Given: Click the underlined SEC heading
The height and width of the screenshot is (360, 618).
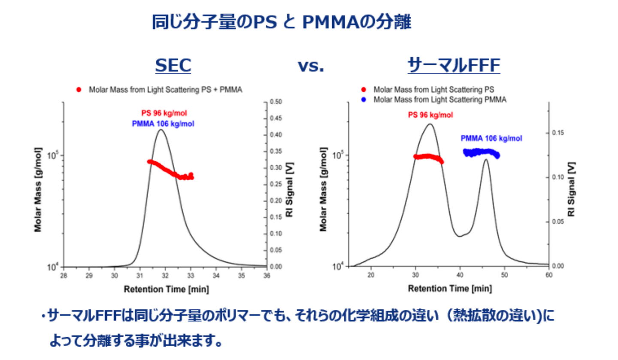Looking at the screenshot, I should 173,66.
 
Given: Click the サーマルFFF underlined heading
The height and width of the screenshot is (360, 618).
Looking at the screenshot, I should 454,66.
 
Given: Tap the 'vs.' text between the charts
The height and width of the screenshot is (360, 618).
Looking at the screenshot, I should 311,67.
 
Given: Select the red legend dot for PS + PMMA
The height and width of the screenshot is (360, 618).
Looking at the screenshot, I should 79,90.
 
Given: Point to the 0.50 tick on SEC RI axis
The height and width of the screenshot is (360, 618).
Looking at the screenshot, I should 276,102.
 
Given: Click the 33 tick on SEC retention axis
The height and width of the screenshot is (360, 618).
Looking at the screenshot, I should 191,275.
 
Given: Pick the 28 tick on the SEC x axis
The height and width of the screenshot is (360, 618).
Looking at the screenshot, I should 64,275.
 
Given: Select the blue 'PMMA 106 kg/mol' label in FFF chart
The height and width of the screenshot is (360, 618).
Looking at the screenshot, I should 491,139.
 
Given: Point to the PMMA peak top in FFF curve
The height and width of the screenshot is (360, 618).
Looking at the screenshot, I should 486,160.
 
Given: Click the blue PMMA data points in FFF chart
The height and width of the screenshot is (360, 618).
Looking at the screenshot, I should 481,152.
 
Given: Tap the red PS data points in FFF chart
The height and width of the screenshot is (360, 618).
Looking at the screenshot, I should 428,157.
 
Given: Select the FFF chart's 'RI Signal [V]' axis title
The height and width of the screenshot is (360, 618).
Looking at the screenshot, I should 572,189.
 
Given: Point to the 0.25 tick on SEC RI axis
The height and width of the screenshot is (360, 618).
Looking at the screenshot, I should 276,185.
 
